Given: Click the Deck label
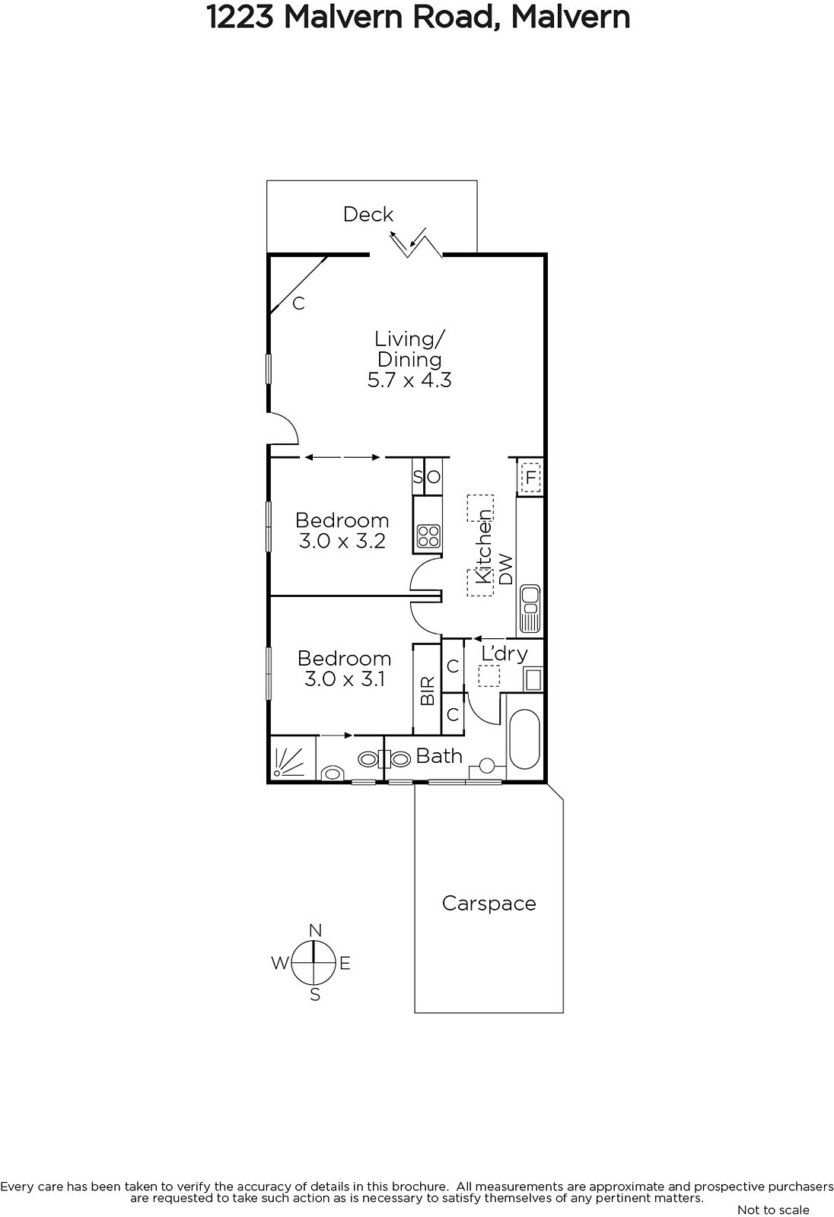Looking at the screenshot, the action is click(368, 214).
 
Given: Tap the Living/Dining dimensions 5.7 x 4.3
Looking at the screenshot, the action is click(409, 380).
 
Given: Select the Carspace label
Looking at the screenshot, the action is click(489, 903).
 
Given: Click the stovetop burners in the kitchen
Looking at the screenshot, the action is click(428, 535).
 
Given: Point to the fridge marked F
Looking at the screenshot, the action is click(530, 478).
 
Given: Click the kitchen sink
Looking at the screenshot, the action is click(530, 608).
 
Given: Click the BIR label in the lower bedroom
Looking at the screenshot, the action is click(428, 691).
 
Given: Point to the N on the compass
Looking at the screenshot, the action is click(315, 931).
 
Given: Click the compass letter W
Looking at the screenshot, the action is click(279, 963).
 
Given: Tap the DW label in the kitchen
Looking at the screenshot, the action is click(505, 569).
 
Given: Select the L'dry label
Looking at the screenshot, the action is click(505, 653).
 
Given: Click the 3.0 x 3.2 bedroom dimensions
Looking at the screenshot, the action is click(342, 541).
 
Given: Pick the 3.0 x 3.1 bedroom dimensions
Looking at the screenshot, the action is click(345, 679).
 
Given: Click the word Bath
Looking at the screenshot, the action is click(439, 756).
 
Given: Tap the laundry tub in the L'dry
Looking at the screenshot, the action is click(532, 679).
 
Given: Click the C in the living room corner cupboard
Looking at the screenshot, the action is click(298, 303).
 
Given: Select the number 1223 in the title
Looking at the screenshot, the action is click(240, 17).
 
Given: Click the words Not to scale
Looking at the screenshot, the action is click(773, 1210).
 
